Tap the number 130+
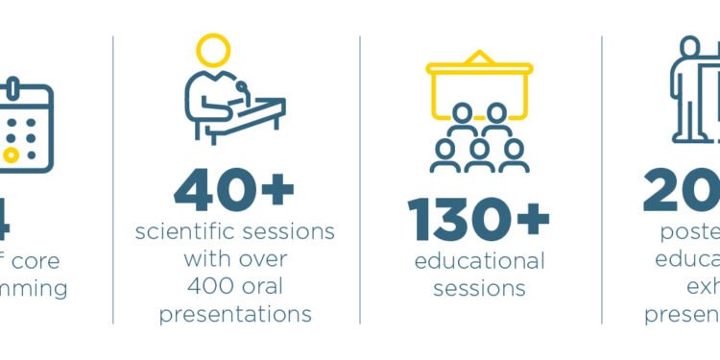coord(479,220)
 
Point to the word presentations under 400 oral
coord(234,313)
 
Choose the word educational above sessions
coord(479,261)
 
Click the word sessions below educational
coord(479,288)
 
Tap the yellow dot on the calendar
coord(11,155)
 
